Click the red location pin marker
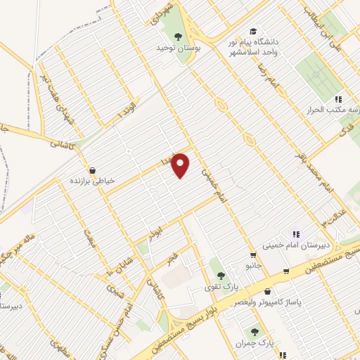(x=181, y=165)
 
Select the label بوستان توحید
(x=174, y=49)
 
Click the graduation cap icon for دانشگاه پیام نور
(x=252, y=32)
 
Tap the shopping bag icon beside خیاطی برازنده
(x=92, y=169)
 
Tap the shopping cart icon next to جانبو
(x=252, y=255)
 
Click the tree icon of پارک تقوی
(x=221, y=275)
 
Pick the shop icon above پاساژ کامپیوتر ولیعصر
(x=268, y=290)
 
